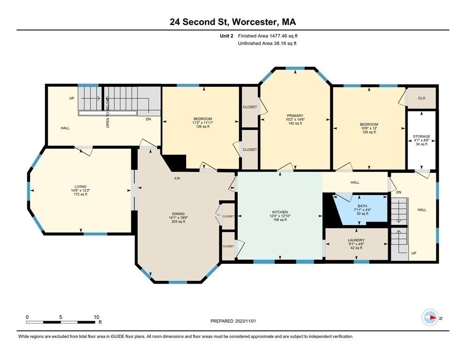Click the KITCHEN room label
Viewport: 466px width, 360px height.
coord(280,212)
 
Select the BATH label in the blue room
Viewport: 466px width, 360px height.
coord(362,205)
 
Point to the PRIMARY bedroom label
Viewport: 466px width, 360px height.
coord(295,115)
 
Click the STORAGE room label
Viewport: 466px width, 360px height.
coord(421,136)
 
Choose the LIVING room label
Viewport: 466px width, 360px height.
coord(80,186)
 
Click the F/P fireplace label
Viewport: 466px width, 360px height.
coord(177,179)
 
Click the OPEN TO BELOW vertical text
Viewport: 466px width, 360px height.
coord(107,113)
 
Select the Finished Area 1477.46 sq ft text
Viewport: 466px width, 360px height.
coord(268,36)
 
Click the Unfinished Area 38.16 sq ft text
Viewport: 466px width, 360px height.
coord(267,43)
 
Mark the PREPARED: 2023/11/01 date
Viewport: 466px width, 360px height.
coord(233,321)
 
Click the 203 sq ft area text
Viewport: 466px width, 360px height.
coord(177,222)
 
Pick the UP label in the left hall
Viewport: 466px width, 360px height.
coord(72,98)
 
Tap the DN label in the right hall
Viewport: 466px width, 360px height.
coord(398,192)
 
